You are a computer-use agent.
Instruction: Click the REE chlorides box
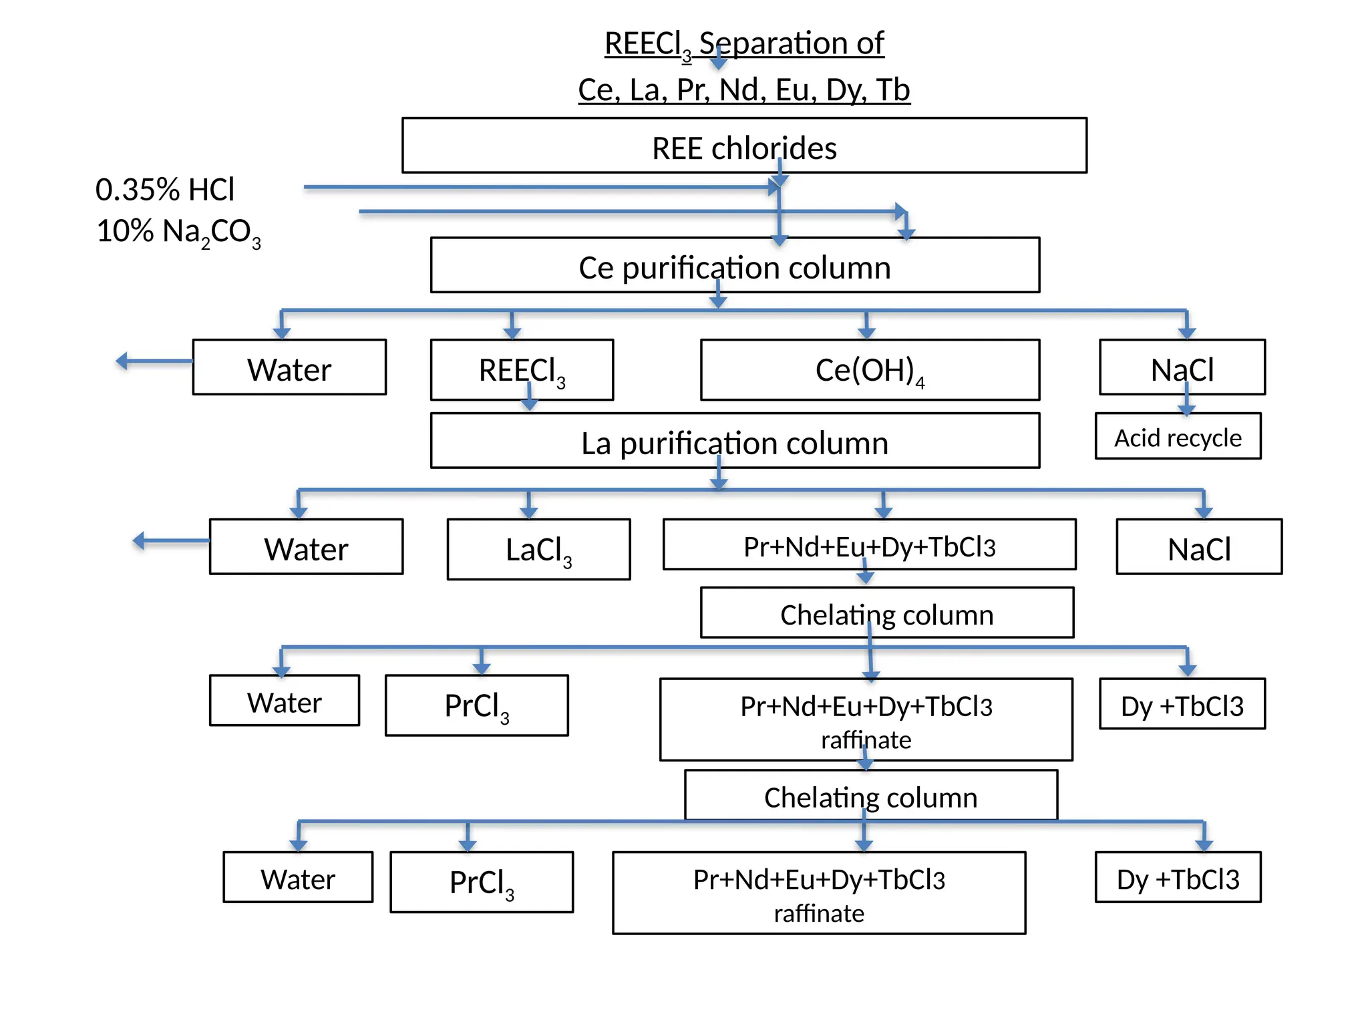point(743,146)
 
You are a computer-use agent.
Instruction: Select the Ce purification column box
point(735,265)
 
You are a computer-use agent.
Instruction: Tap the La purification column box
point(735,441)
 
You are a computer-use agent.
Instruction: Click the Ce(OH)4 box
point(870,370)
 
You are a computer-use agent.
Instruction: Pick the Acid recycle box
point(1178,436)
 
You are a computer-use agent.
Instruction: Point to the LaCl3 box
point(538,549)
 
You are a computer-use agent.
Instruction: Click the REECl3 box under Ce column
point(522,369)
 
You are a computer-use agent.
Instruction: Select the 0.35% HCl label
point(165,190)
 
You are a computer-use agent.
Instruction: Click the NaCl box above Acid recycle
point(1182,367)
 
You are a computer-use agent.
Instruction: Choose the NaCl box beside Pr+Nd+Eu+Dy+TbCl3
point(1199,547)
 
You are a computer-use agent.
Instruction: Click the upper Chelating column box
point(886,613)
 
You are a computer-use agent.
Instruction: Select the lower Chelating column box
point(870,795)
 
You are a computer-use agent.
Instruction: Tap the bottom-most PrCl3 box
point(482,882)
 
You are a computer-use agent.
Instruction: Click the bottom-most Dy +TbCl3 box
point(1178,877)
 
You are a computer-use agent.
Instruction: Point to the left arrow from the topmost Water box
point(152,361)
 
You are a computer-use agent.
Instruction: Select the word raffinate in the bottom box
point(819,913)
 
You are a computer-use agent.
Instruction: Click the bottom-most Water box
point(298,877)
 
